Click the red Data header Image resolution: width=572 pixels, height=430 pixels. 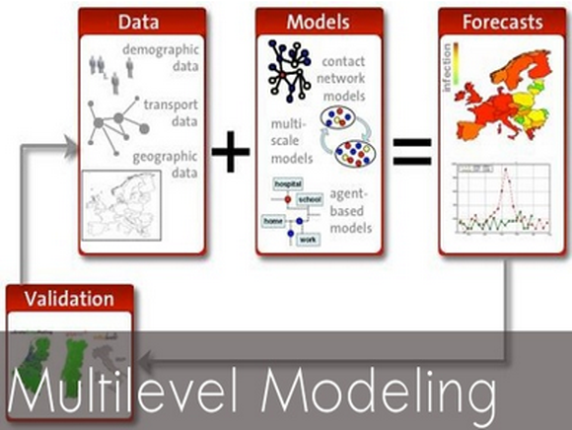pos(142,21)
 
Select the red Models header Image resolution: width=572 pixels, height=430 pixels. pos(318,21)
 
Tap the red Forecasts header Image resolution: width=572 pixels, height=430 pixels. pos(501,21)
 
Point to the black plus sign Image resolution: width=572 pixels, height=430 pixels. pos(231,153)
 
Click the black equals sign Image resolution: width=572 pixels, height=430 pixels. pos(412,150)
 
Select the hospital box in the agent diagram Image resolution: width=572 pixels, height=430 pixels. pos(287,182)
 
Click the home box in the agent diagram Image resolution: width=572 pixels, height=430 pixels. pos(273,221)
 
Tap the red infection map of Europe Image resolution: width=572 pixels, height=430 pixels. pos(499,93)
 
